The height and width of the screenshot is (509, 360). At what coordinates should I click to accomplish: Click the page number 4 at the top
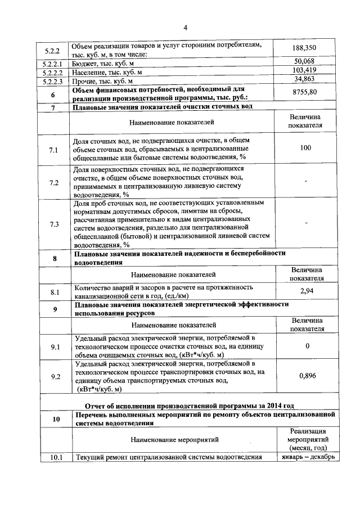[184, 29]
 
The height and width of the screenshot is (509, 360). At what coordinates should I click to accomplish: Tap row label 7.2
[54, 182]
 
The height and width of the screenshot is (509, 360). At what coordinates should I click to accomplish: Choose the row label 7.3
[54, 224]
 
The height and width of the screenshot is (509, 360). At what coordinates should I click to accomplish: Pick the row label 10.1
[54, 457]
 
